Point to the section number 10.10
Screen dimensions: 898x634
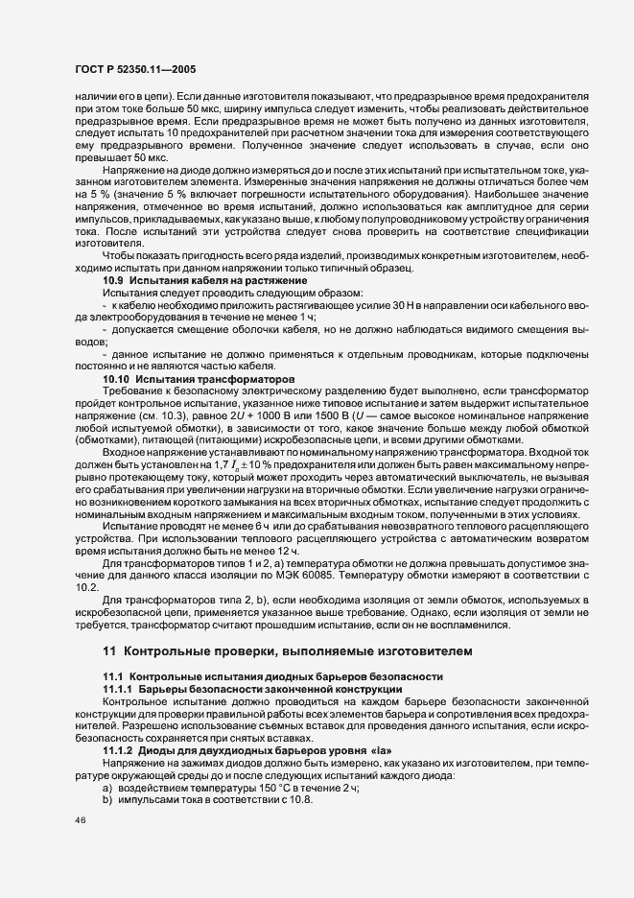point(118,380)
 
